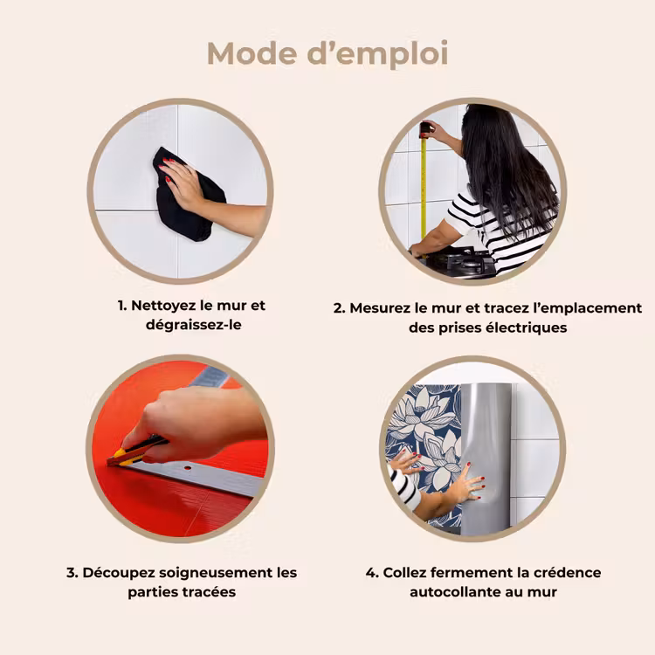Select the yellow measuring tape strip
point(424,189)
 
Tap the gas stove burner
point(464,260)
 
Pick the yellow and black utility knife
point(135,452)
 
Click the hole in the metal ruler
point(188,467)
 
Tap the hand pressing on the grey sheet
point(469,485)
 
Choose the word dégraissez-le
point(194,325)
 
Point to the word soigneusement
point(216,573)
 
